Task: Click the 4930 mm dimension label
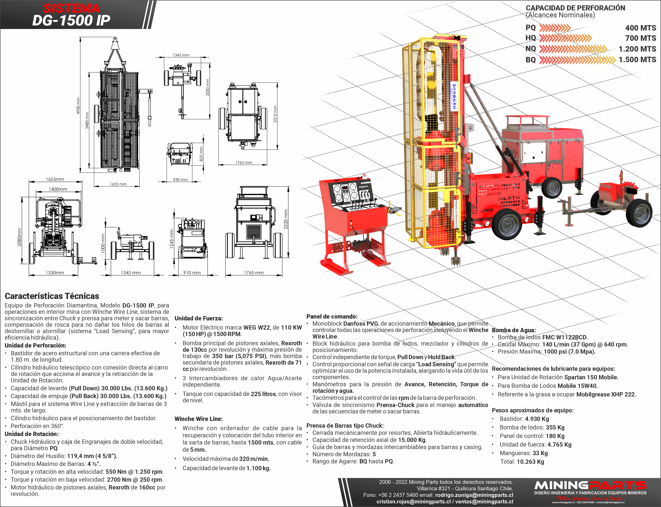(x=78, y=106)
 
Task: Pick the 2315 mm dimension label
(x=275, y=114)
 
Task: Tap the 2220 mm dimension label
(x=286, y=219)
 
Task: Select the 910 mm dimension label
(x=192, y=272)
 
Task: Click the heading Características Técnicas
(x=52, y=296)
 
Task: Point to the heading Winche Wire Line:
(x=198, y=419)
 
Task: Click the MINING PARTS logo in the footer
(x=590, y=486)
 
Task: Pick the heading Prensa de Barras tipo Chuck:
(x=345, y=425)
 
